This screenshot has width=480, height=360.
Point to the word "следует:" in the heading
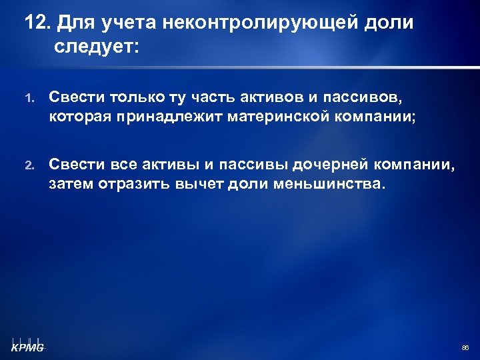(98, 47)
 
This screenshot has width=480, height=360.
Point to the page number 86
(465, 348)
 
